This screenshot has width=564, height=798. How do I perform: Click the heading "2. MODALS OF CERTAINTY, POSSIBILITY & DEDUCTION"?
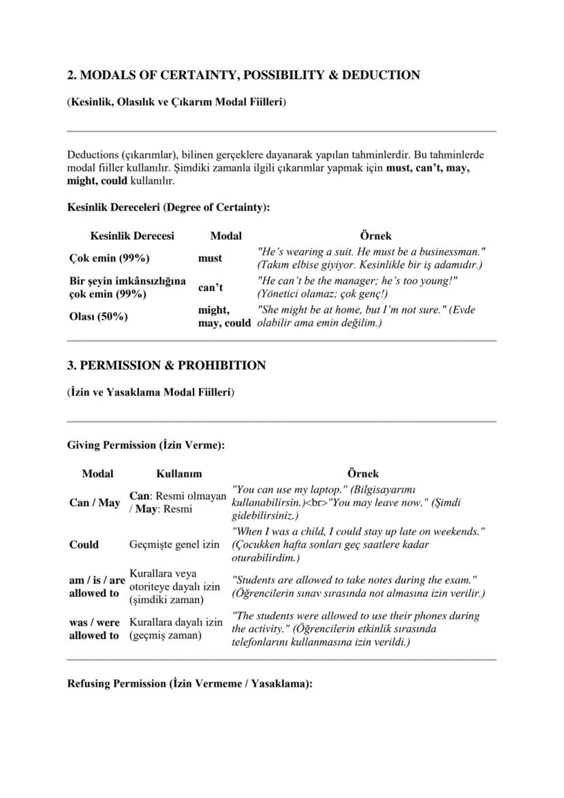[243, 75]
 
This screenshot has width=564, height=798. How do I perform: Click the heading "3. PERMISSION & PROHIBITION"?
[166, 365]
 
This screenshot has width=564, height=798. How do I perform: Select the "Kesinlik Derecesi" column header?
[132, 236]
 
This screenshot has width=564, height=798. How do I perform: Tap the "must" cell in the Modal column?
[210, 258]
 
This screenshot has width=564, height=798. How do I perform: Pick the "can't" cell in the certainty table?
[210, 288]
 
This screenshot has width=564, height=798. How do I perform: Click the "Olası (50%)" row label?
[99, 316]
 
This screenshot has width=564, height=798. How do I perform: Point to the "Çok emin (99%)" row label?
[109, 258]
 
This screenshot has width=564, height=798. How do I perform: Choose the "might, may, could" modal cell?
[224, 316]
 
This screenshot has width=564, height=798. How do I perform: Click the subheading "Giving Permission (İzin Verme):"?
[146, 445]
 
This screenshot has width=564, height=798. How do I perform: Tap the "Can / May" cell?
[95, 503]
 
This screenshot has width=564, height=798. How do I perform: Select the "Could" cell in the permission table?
[84, 544]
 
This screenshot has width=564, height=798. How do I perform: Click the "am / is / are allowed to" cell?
[97, 587]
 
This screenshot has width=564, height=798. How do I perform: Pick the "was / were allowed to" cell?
[94, 629]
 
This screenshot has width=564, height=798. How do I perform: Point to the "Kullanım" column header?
[179, 474]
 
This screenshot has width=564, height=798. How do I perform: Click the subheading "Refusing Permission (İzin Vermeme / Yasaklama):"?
[189, 684]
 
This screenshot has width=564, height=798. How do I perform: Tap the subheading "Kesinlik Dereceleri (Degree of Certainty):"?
[168, 206]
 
